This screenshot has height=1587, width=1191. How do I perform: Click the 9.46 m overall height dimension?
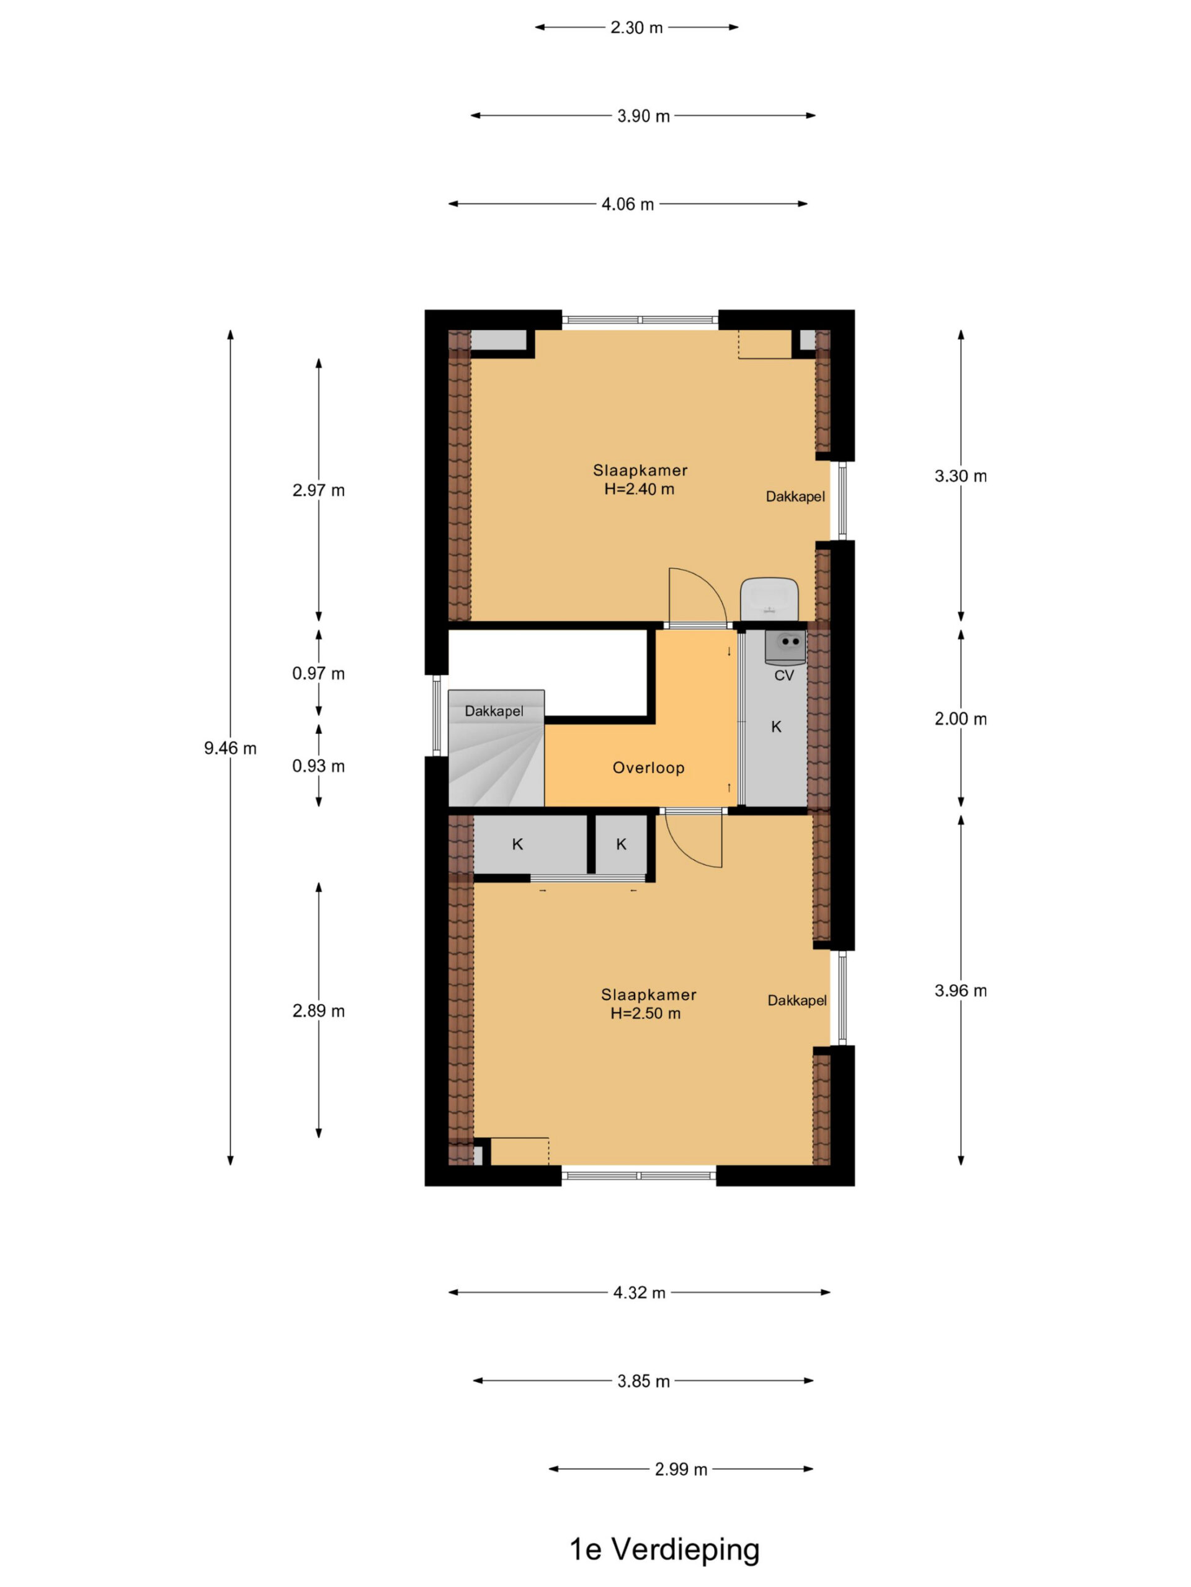tap(230, 748)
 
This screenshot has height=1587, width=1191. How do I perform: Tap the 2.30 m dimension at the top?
tap(636, 27)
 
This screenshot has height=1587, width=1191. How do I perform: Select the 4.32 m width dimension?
tap(639, 1292)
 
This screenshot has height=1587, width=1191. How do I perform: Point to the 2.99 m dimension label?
tap(680, 1469)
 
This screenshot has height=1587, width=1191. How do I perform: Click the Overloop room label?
tap(648, 767)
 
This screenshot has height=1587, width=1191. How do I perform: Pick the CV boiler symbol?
tap(785, 647)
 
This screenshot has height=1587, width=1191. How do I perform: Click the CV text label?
tap(784, 675)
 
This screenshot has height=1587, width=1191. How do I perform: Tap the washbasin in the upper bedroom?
tap(770, 599)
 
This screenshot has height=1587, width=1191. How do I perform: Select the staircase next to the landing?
tap(496, 748)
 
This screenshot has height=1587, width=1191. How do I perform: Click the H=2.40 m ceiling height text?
tap(639, 489)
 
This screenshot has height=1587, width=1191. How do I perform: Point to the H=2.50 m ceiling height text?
tap(645, 1014)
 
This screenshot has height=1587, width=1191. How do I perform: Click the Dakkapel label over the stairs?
tap(494, 711)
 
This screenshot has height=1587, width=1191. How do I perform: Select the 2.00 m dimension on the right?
tap(960, 718)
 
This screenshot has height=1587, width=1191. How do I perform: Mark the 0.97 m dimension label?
tap(318, 673)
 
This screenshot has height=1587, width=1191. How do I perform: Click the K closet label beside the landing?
tap(776, 727)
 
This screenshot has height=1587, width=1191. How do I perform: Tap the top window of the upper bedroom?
tap(640, 320)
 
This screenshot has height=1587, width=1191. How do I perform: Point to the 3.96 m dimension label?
tap(960, 991)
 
